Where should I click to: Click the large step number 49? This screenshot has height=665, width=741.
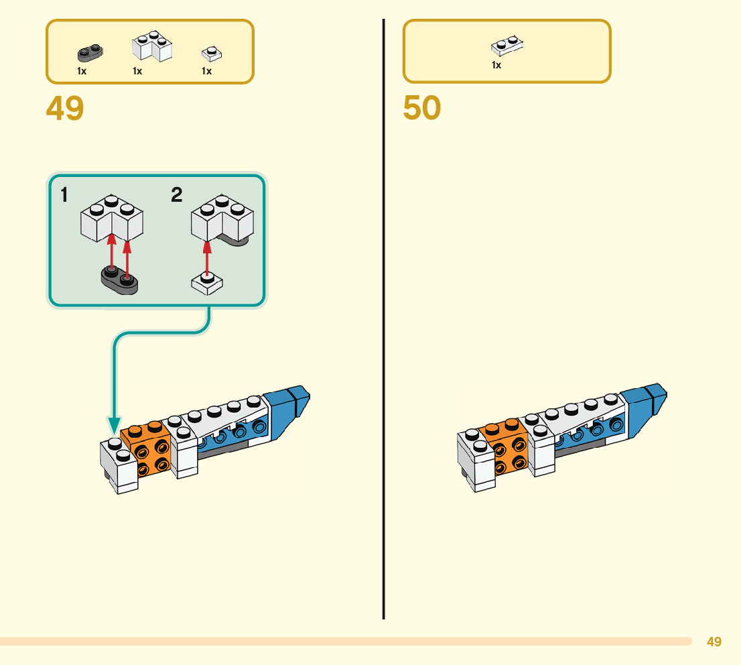(65, 108)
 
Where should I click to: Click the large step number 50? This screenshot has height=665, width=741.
(422, 108)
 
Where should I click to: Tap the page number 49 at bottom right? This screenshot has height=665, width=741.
(714, 642)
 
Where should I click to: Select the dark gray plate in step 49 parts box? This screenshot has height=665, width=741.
(90, 52)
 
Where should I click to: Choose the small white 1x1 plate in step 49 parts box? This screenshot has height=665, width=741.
(212, 53)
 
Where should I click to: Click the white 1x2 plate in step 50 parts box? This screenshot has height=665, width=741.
(507, 45)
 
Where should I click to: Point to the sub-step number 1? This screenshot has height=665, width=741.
(64, 195)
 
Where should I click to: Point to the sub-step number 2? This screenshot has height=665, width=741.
(176, 195)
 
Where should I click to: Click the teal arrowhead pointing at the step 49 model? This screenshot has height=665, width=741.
(115, 425)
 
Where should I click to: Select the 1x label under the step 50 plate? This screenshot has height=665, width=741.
(496, 65)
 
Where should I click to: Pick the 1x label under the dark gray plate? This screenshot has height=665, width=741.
(82, 71)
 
